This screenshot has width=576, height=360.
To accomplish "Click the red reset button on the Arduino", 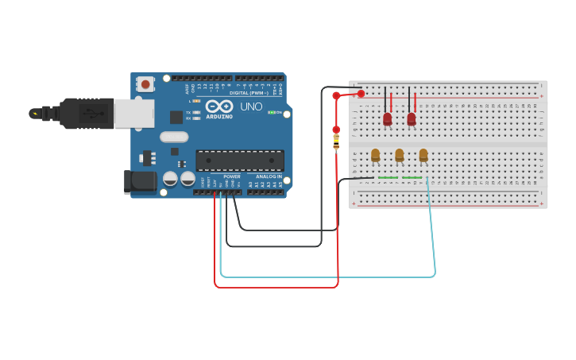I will point(145,83).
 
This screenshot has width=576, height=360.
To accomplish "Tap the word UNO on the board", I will point(252,106).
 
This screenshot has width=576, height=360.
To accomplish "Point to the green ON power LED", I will point(271,112).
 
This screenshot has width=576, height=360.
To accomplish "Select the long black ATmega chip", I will point(239,160).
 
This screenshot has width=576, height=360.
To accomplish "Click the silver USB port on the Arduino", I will point(133,114).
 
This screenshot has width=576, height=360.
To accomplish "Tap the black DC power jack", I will point(141,182).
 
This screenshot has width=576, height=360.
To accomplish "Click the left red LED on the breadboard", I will point(387,119).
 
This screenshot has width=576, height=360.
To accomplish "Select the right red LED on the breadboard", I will point(411,119).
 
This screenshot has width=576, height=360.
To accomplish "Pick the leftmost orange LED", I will point(375,155).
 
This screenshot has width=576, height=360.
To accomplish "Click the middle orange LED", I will point(399,155).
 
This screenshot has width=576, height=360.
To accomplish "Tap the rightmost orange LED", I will point(423,155).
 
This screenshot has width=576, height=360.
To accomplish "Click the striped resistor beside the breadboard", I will point(336,142).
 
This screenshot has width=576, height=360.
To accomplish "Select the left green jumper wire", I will point(388,177).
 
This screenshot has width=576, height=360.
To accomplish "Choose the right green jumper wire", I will point(412,177).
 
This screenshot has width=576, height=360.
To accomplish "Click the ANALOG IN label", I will point(268,176).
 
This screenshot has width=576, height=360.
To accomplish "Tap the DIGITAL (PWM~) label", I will point(249,93).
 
